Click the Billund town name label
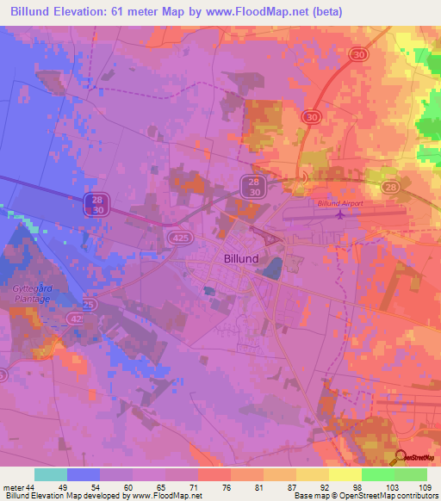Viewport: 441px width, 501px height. pyautogui.click(x=235, y=257)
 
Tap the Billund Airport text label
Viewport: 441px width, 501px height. pyautogui.click(x=341, y=203)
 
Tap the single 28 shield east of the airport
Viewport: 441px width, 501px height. pyautogui.click(x=391, y=187)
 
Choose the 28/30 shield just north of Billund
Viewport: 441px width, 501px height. pyautogui.click(x=252, y=186)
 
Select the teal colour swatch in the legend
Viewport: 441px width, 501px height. pyautogui.click(x=51, y=474)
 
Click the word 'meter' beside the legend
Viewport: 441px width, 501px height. pyautogui.click(x=13, y=486)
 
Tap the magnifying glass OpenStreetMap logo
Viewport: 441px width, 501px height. pyautogui.click(x=401, y=457)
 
